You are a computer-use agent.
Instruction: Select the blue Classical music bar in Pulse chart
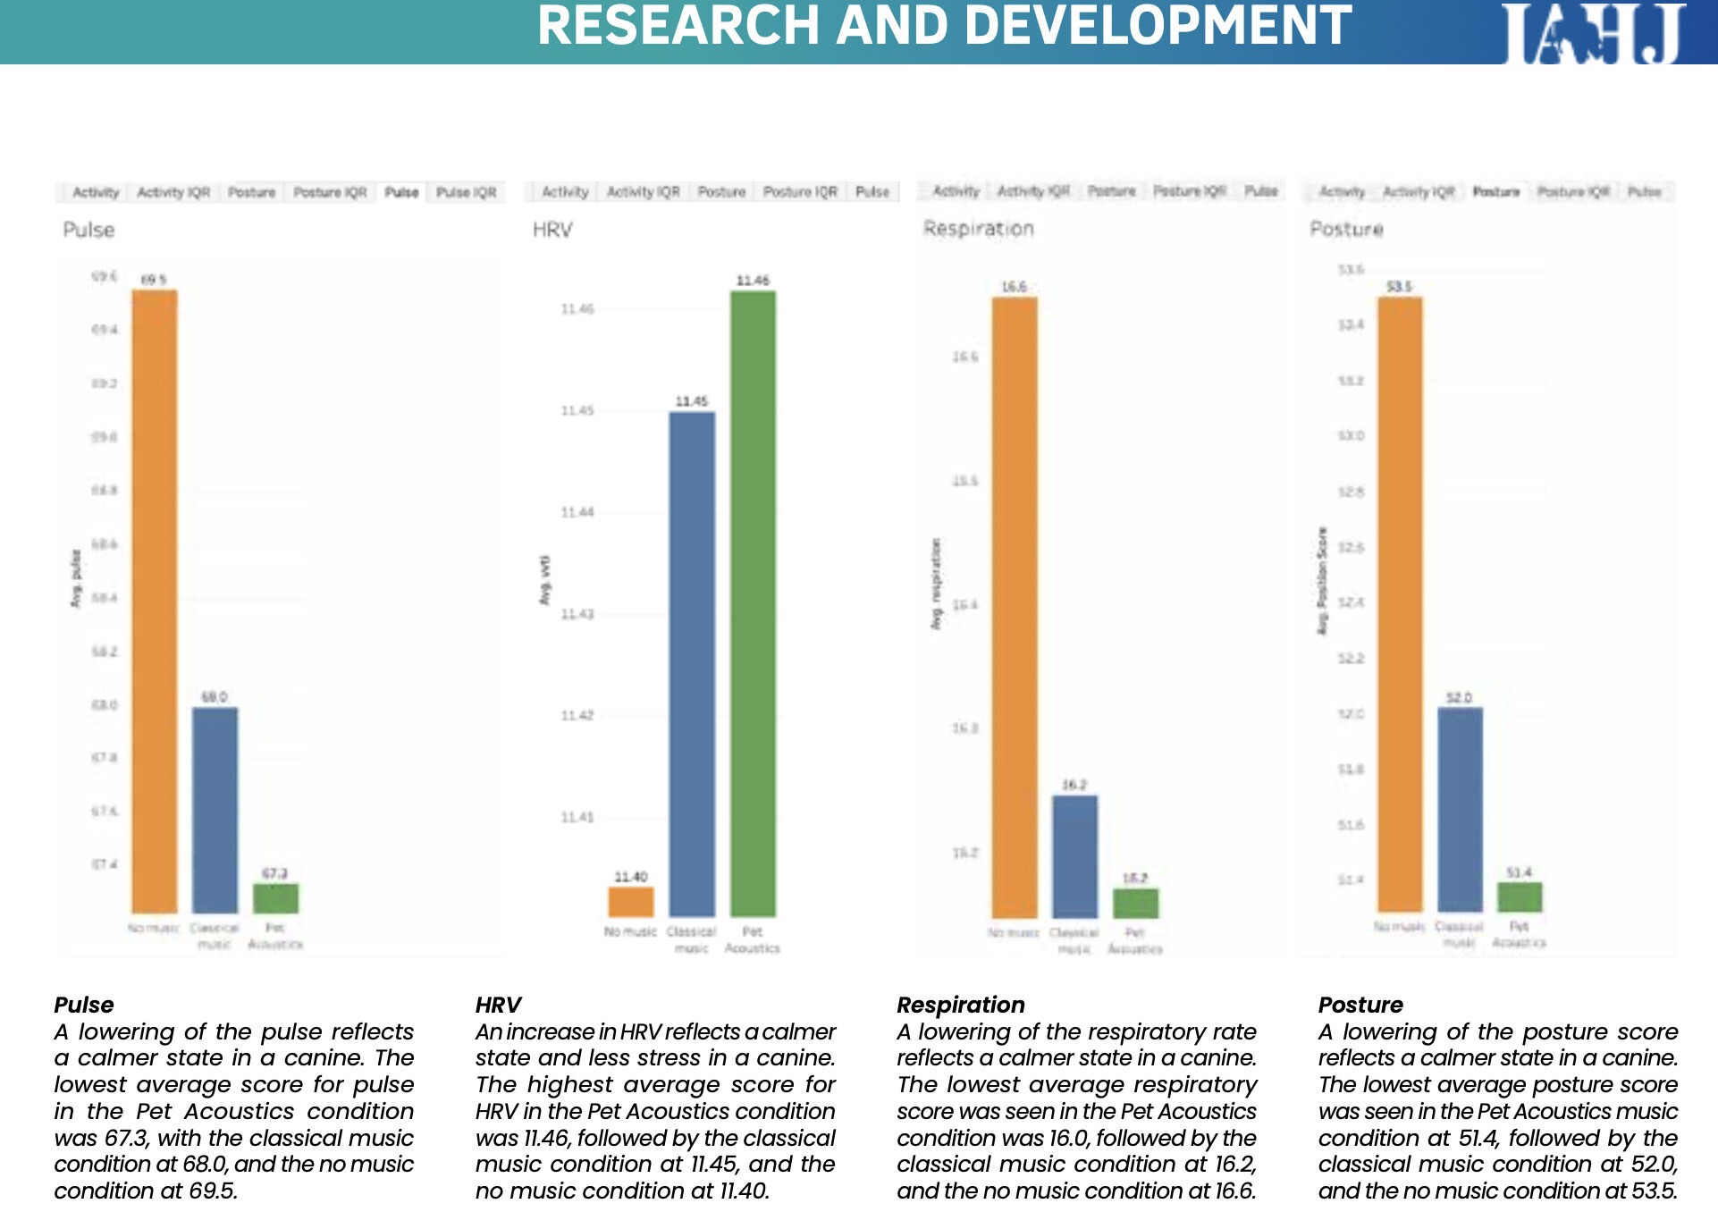tap(215, 809)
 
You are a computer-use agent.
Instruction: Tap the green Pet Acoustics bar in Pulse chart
tap(275, 897)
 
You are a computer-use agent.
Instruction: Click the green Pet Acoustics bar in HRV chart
tap(753, 603)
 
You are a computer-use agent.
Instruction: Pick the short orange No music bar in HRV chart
tap(631, 901)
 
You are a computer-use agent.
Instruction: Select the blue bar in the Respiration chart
tap(1074, 855)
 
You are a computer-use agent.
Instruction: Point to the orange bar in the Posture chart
tap(1399, 603)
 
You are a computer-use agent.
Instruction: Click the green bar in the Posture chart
tap(1520, 896)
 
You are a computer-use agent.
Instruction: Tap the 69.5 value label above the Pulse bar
tap(154, 280)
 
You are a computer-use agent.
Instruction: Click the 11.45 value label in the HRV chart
tap(691, 401)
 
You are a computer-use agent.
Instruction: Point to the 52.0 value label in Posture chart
tap(1459, 697)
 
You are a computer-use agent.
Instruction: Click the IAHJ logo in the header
tap(1593, 33)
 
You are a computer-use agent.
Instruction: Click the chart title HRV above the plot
tap(552, 230)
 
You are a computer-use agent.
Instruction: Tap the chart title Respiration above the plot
tap(978, 229)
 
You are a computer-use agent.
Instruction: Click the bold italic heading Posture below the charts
tap(1360, 1005)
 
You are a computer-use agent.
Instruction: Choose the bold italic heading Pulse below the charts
tap(84, 1005)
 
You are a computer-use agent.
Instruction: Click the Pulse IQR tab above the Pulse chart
tap(466, 192)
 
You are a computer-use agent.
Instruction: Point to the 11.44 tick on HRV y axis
tap(577, 512)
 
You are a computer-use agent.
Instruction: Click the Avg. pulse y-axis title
tap(76, 578)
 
